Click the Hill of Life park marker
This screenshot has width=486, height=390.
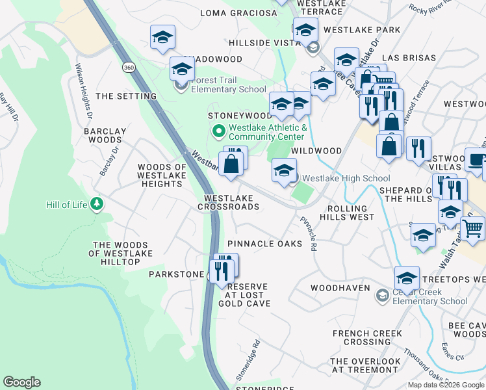(x=97, y=205)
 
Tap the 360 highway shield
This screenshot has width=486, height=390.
(x=127, y=67)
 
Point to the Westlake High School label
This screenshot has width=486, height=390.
(x=346, y=178)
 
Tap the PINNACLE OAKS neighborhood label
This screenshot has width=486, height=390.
(x=264, y=244)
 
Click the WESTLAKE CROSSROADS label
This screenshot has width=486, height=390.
(x=231, y=202)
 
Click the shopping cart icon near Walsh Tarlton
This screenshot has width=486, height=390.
(x=472, y=228)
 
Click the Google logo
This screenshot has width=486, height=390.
(x=21, y=382)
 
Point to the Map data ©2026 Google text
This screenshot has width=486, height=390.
(x=445, y=385)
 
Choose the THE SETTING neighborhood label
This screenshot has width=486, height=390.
(x=126, y=96)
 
